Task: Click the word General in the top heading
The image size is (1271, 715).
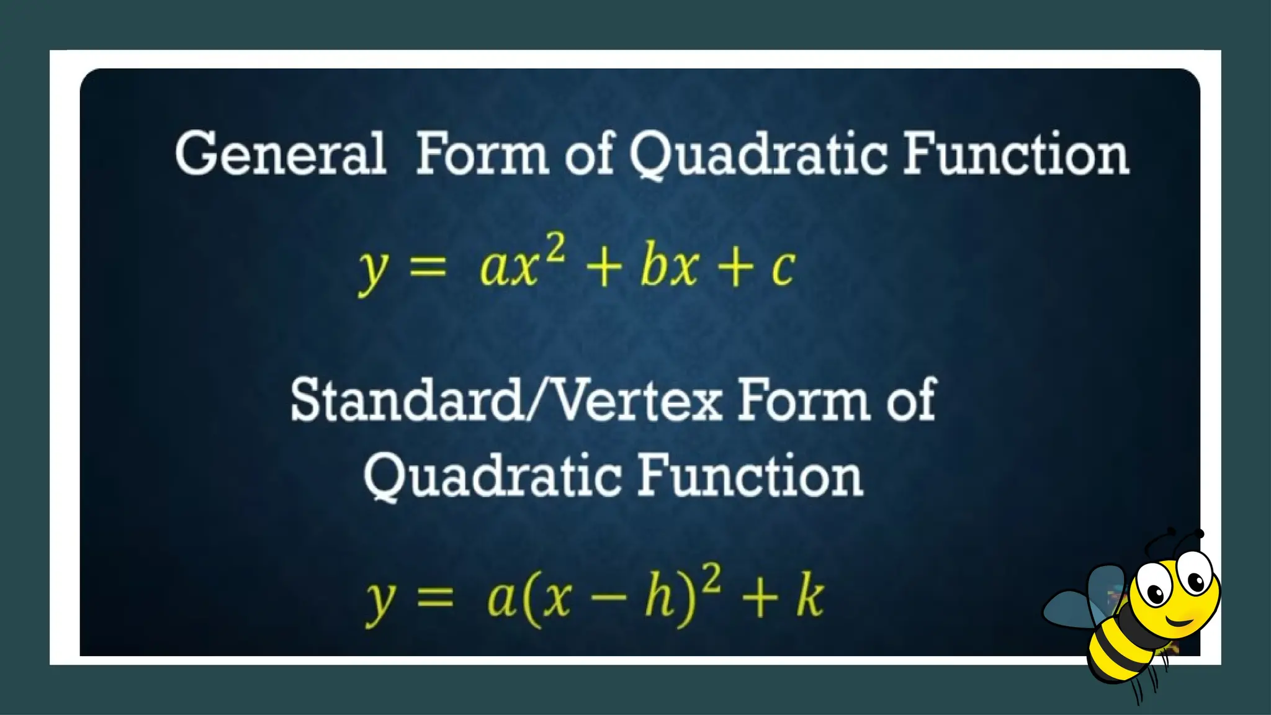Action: click(x=281, y=153)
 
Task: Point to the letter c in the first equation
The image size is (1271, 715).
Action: click(x=783, y=268)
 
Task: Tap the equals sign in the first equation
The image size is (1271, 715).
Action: click(x=428, y=268)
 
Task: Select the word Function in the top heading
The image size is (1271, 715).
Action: click(x=1015, y=153)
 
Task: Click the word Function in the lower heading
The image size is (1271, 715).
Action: click(x=750, y=476)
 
